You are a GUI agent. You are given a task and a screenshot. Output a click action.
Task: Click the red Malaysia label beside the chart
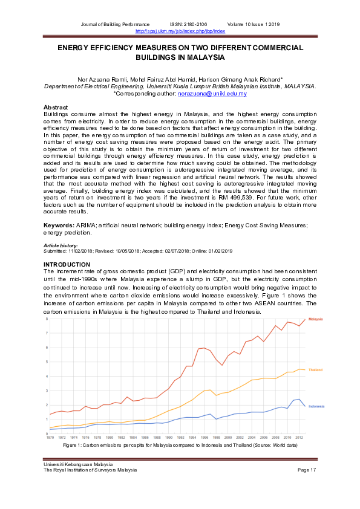point(316,319)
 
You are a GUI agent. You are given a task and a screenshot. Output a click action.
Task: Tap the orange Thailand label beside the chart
point(315,370)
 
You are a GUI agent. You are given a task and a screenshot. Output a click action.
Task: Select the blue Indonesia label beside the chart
point(316,406)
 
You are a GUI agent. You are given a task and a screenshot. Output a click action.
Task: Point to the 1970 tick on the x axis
point(50,437)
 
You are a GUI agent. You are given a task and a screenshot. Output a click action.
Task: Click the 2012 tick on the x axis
point(299,437)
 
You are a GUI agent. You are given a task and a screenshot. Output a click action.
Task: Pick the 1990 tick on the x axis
point(169,437)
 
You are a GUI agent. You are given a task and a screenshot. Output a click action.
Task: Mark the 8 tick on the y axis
point(47,319)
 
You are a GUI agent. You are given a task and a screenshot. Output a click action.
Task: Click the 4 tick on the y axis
point(47,376)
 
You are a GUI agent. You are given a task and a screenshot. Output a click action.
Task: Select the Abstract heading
point(57,107)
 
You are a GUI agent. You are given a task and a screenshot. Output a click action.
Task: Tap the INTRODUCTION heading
point(67,265)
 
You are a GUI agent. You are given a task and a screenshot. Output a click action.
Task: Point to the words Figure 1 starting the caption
point(73,445)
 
